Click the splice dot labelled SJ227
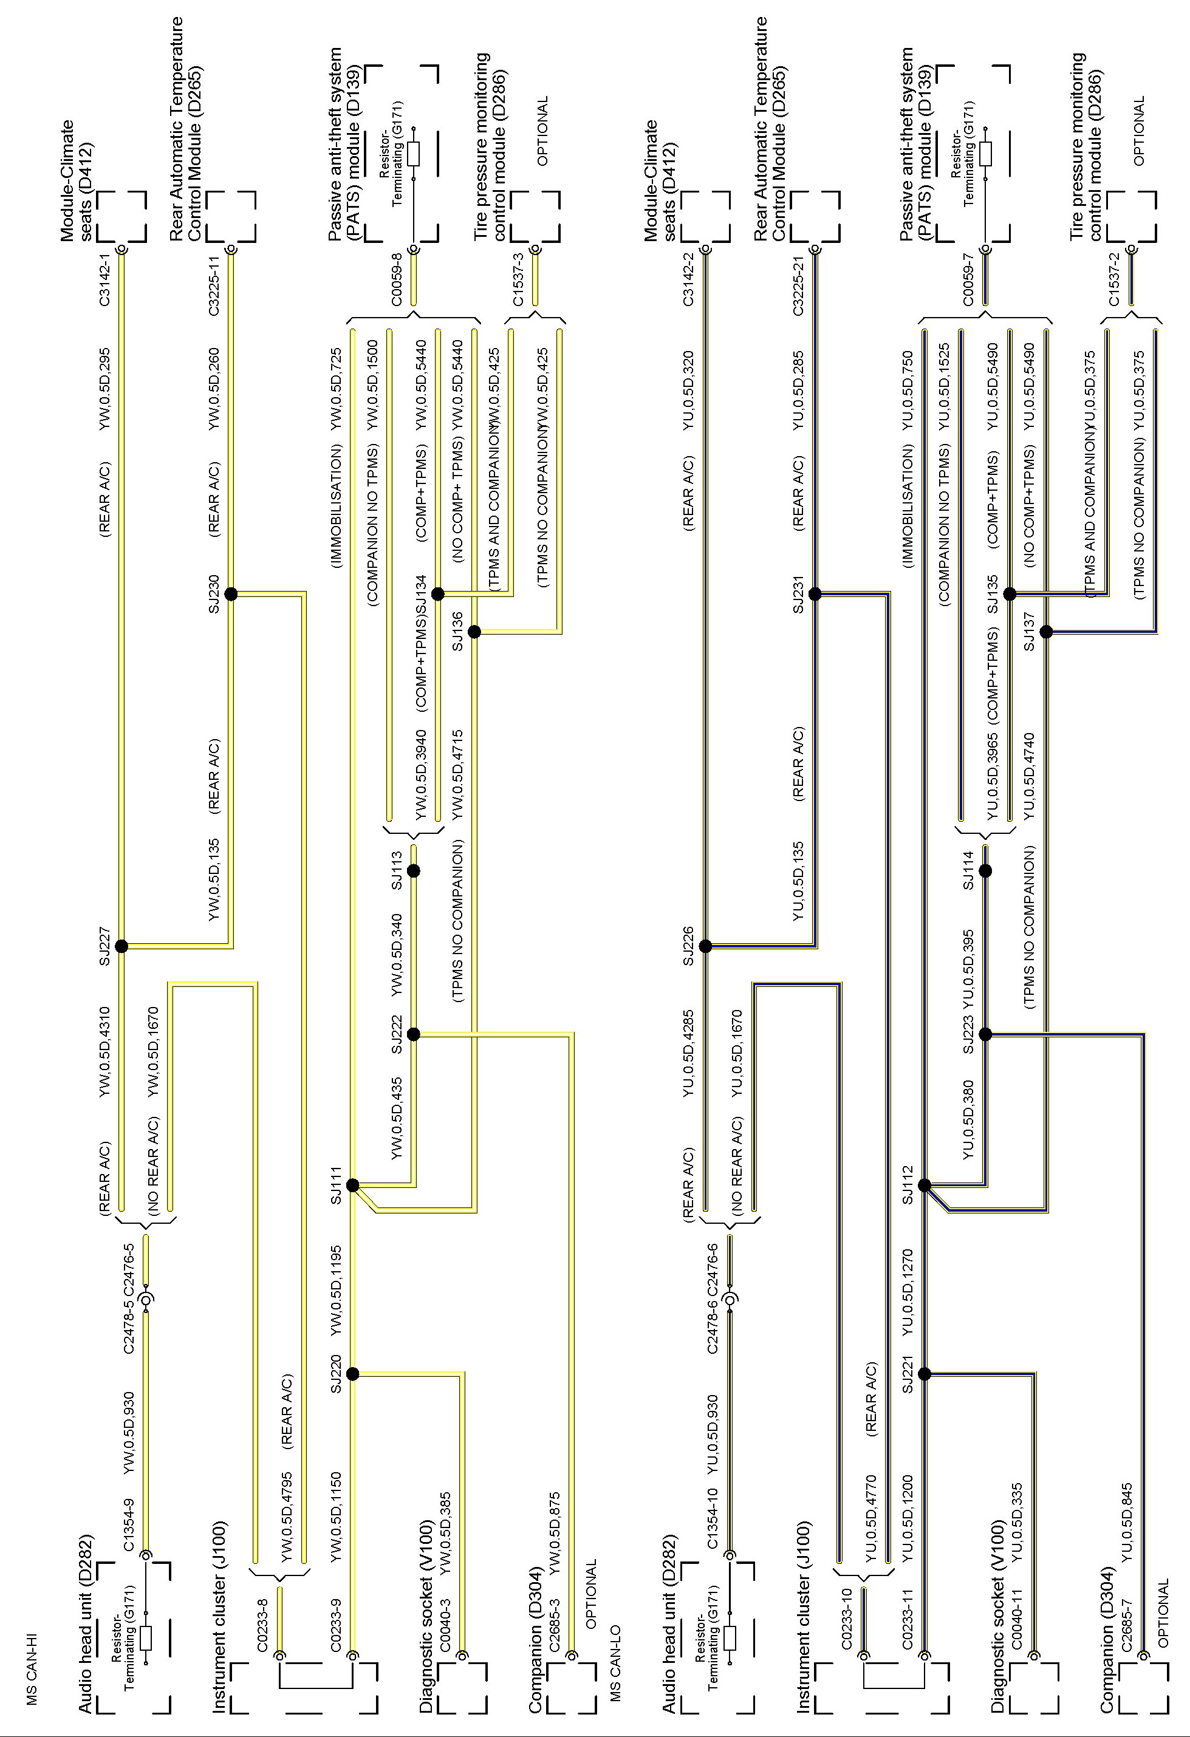coord(122,946)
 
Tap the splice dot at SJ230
coord(231,594)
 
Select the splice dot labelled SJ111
coord(353,1186)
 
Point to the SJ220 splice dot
coord(353,1374)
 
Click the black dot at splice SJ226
coord(706,946)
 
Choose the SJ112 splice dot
coord(925,1186)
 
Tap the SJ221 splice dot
coord(925,1374)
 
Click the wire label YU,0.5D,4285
coord(688,1054)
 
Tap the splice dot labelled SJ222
coord(414,1034)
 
